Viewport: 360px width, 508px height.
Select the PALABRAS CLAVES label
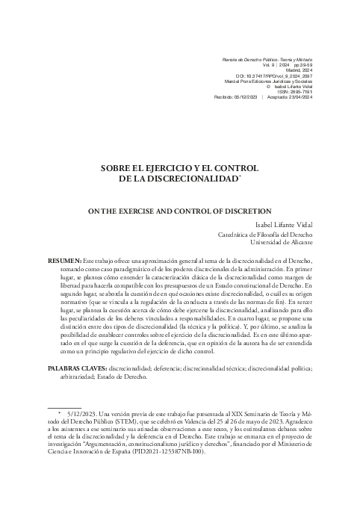78,369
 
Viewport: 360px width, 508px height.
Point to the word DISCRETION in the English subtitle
244,211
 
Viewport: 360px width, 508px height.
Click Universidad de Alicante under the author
282,243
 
